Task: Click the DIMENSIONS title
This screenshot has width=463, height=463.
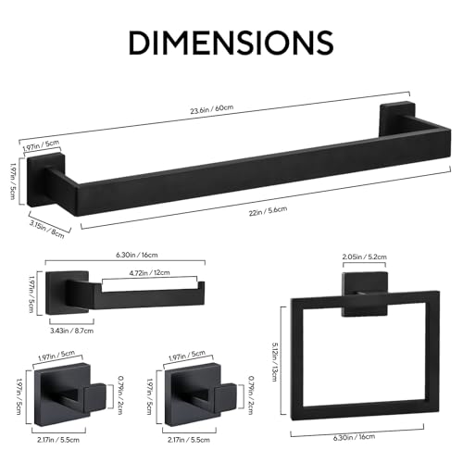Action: coord(231,43)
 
